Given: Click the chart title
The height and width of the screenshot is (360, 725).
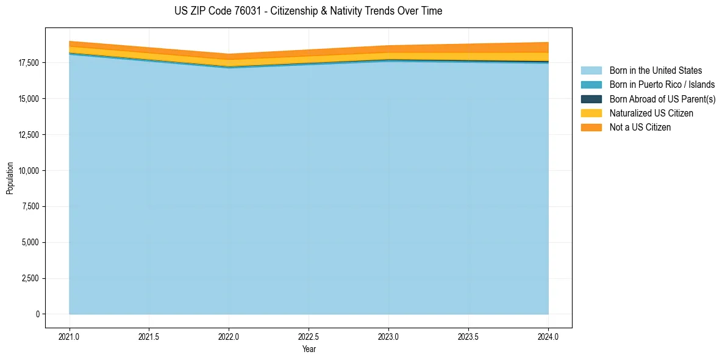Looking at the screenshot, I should pos(308,11).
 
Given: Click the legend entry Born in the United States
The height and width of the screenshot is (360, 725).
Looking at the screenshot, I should pos(655,71).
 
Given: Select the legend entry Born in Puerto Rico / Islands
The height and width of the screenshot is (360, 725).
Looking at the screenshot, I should pos(662,85).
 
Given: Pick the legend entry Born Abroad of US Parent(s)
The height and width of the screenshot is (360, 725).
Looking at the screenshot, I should pos(662,99).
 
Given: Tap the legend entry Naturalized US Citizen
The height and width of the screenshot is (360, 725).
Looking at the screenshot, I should pos(651,113).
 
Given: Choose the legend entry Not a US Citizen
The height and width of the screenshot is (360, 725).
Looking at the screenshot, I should pos(640,128).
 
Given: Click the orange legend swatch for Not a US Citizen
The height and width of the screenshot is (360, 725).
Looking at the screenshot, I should pos(591,128).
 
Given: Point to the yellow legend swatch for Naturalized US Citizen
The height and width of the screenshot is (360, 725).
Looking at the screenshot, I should pos(591,113).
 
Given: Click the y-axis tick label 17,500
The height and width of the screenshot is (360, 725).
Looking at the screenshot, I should pos(27,63).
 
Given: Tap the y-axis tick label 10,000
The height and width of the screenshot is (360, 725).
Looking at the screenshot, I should pos(27,171).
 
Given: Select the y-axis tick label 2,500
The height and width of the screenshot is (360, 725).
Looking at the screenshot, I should pos(29,279).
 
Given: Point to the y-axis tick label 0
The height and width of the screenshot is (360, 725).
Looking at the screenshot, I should pos(37,314).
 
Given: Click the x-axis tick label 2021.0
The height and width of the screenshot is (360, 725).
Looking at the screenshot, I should pos(70,336).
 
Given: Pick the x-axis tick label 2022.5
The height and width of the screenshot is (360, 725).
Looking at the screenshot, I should pos(309,336).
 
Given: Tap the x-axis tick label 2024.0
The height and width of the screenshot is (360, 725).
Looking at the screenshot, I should pos(548,336).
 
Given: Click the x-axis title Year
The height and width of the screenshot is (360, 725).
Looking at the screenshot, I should pos(309,349).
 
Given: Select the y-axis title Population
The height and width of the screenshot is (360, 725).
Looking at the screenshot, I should pos(10,178).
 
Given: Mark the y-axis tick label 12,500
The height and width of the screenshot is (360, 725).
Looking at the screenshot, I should pos(27,135).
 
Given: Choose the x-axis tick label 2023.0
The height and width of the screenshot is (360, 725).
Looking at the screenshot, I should pos(388,336).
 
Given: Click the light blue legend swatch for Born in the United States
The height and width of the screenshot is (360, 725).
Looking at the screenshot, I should pos(591,71).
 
